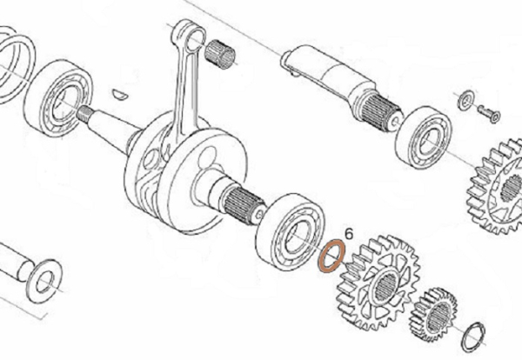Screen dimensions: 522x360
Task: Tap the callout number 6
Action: (349, 234)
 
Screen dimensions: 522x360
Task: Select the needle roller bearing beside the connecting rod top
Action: (220, 54)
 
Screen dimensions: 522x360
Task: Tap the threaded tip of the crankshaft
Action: (84, 113)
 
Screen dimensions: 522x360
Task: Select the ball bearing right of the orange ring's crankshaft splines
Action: (290, 231)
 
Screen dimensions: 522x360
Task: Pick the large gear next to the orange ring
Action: (378, 282)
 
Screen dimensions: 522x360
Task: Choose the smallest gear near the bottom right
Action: (433, 314)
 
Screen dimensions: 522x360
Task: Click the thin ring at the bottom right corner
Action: (474, 337)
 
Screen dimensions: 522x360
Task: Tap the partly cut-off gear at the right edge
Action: (495, 187)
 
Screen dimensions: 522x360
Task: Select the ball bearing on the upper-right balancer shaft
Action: (423, 137)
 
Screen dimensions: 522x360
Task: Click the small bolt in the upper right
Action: (489, 113)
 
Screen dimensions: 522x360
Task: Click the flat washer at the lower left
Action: (44, 281)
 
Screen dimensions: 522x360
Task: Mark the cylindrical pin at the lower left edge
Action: (15, 262)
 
